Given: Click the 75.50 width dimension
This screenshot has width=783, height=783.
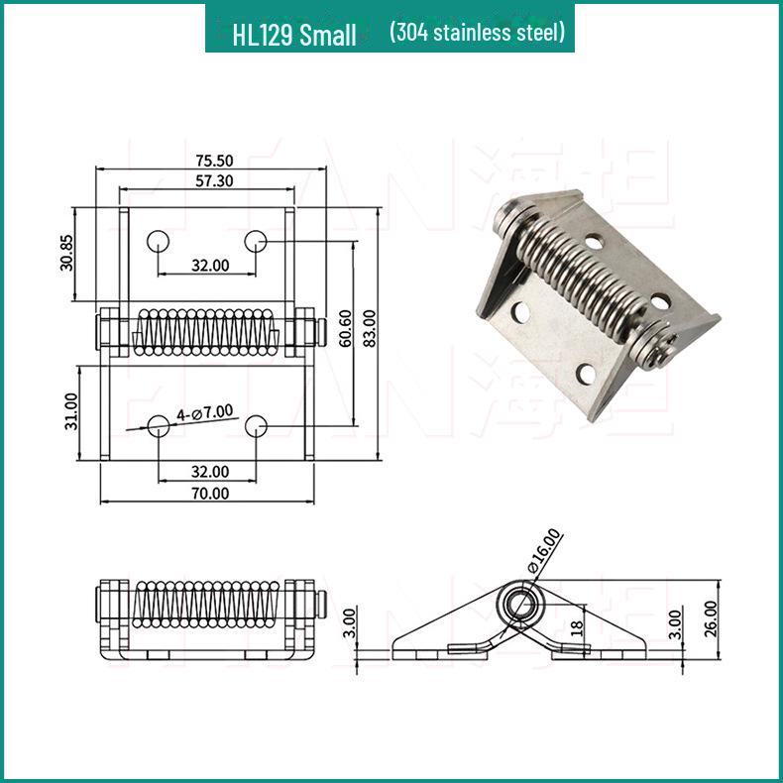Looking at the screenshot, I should pos(213,160).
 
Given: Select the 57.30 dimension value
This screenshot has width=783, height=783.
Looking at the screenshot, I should pos(213,180).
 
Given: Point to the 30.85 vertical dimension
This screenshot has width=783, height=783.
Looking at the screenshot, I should pos(66,253).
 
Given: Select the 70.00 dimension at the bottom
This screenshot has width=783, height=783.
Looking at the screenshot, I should pos(210,493).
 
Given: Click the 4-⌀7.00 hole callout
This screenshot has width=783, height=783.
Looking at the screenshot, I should pos(204,411).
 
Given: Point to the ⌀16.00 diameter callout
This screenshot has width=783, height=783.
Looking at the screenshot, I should pos(546,552).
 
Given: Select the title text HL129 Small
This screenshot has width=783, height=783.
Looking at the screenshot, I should pos(294,36).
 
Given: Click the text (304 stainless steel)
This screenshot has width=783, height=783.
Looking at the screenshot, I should pos(477,33).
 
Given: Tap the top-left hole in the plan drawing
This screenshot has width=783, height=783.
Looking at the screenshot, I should pos(158,241).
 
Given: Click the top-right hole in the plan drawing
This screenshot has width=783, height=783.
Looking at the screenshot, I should pos(256,241).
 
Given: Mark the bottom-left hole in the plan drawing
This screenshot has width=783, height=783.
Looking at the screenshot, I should pos(158,426).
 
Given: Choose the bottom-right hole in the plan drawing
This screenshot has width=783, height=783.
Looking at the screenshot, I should pos(256,426).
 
